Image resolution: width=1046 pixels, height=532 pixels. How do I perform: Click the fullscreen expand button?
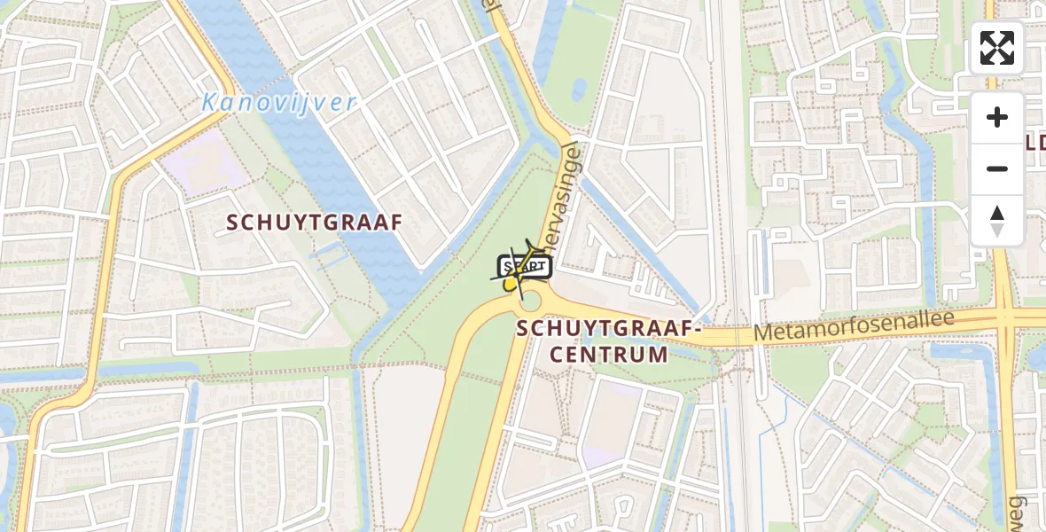click(997, 48)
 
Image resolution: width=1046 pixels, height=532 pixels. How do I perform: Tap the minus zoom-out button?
click(997, 168)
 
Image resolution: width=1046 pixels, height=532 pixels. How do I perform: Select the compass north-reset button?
click(997, 221)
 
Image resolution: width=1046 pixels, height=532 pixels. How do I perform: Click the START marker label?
click(524, 266)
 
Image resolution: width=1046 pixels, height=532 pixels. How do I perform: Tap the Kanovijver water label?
click(278, 102)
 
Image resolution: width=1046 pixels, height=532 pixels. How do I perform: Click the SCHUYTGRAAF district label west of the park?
click(315, 222)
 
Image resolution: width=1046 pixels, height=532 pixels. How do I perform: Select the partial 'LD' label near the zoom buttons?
click(1035, 142)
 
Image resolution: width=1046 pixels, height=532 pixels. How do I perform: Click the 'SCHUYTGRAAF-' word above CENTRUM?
click(609, 328)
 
